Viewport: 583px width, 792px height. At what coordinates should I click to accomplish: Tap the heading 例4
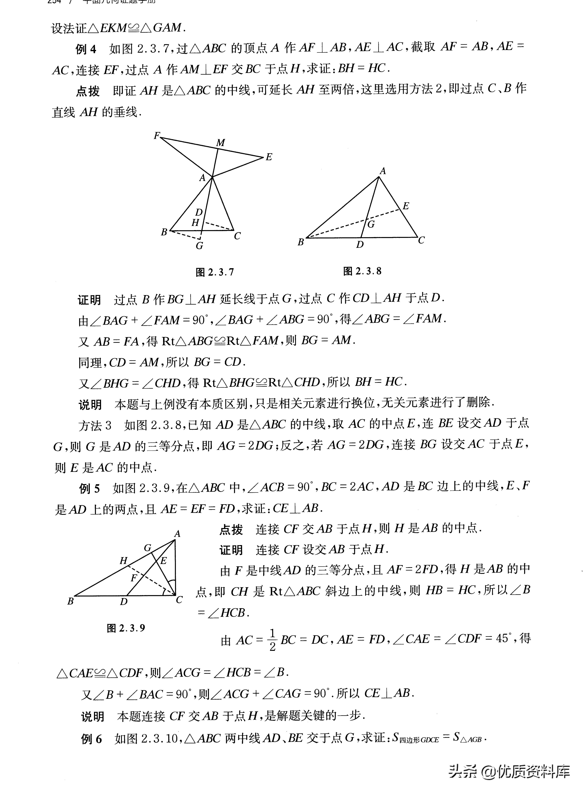[86, 49]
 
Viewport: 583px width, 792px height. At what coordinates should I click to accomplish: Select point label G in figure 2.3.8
[371, 224]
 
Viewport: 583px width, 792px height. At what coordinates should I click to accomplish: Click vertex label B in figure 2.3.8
[301, 242]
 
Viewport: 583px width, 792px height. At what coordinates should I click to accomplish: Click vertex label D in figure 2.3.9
[124, 602]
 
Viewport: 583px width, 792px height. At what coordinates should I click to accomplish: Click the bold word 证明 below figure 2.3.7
[89, 300]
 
